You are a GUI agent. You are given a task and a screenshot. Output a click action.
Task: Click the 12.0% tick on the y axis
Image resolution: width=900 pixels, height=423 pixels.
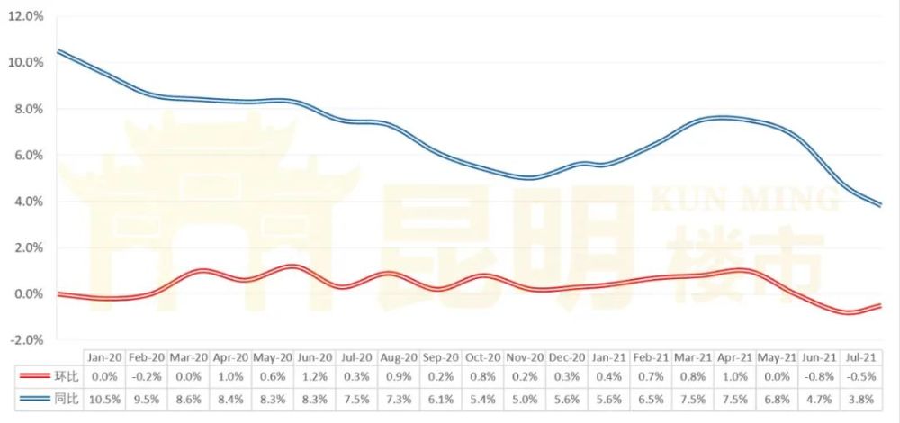26,16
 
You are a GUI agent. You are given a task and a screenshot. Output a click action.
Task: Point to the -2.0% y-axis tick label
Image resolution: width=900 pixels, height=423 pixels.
26,340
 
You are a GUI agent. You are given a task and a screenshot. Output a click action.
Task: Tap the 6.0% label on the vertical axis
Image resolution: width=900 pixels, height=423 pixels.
29,155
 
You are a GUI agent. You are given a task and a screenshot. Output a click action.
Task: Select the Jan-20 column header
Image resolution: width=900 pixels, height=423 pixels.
105,357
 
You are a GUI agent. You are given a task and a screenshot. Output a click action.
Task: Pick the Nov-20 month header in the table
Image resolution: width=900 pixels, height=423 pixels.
525,357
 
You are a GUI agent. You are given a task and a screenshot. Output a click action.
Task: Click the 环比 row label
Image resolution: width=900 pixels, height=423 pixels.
68,376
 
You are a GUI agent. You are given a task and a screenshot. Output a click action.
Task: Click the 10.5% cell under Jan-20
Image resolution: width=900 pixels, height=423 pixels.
105,400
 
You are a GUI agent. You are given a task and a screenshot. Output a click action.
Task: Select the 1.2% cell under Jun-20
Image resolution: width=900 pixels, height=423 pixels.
314,376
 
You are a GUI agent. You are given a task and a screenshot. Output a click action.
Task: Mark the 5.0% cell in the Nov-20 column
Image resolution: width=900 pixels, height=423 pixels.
525,400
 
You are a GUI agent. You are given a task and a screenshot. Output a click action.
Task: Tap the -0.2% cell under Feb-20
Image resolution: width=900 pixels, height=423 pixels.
147,376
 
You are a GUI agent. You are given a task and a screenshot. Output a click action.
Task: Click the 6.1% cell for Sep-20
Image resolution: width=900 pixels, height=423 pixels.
440,400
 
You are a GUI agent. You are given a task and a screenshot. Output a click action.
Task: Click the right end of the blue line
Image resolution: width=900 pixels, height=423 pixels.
881,205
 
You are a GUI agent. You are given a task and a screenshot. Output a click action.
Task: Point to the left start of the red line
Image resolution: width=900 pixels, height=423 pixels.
58,294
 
